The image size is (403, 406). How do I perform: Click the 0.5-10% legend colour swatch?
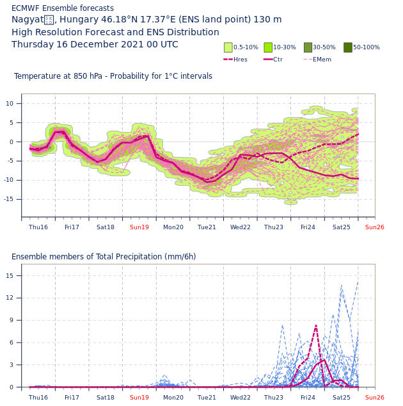point(228,47)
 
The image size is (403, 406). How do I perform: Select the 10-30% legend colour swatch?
point(268,47)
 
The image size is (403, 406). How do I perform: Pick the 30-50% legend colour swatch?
point(308,47)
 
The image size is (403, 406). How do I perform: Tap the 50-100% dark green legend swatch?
point(348,47)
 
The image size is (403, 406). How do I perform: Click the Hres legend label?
point(241,60)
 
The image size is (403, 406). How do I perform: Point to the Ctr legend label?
point(278,60)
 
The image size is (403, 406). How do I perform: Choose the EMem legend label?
point(322,60)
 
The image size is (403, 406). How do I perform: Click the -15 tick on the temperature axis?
point(9,199)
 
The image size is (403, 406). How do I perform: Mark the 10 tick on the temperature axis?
point(9,104)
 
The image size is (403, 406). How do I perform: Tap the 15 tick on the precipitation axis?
point(9,276)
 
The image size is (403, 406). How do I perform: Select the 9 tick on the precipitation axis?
point(9,320)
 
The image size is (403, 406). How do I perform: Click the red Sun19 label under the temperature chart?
point(139,227)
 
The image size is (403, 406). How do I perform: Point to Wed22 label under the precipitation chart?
point(241,398)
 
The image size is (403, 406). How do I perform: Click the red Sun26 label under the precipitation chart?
point(375,398)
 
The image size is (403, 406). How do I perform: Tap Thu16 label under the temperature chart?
point(38,227)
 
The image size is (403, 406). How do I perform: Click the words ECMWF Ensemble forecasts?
point(63,8)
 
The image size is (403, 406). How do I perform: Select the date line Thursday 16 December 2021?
point(95,45)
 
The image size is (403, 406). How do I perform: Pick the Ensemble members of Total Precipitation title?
point(104,257)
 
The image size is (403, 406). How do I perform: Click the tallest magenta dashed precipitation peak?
point(316,325)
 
